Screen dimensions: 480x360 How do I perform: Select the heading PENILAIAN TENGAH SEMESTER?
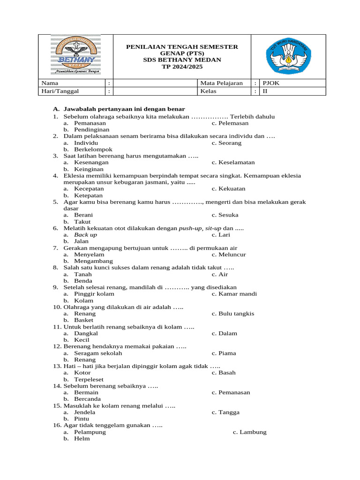182,47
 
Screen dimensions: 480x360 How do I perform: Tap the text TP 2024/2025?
182,67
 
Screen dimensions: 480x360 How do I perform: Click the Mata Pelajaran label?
221,83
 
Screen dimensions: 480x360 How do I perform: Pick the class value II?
265,91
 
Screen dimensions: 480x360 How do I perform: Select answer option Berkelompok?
93,149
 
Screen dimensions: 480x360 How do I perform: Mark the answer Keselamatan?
236,162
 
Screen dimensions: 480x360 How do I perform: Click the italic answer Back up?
86,234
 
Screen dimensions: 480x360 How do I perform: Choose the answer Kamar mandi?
237,293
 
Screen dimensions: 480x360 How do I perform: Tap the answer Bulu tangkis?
236,313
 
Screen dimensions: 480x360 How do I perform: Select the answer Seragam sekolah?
98,353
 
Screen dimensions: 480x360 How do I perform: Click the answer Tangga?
229,412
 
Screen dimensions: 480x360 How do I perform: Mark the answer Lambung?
253,432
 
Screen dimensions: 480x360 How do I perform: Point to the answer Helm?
82,438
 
